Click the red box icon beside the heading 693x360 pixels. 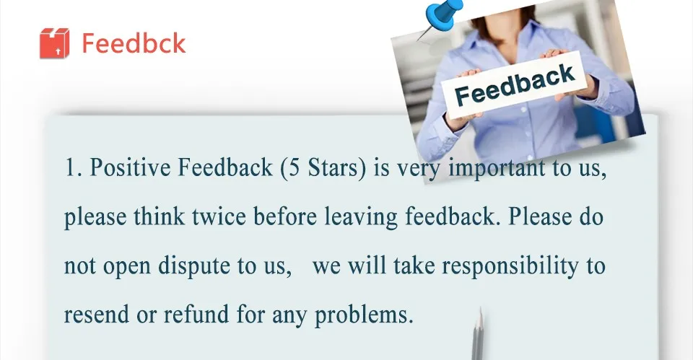tap(54, 43)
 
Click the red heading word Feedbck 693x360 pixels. tap(134, 43)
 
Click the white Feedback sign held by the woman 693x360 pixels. tap(515, 84)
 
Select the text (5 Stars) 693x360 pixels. tap(323, 168)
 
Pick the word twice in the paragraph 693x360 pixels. tap(219, 217)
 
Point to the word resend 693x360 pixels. tap(97, 315)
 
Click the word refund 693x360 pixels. tap(196, 314)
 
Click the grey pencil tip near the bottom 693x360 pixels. tap(481, 312)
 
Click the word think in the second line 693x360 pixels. tap(159, 217)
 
